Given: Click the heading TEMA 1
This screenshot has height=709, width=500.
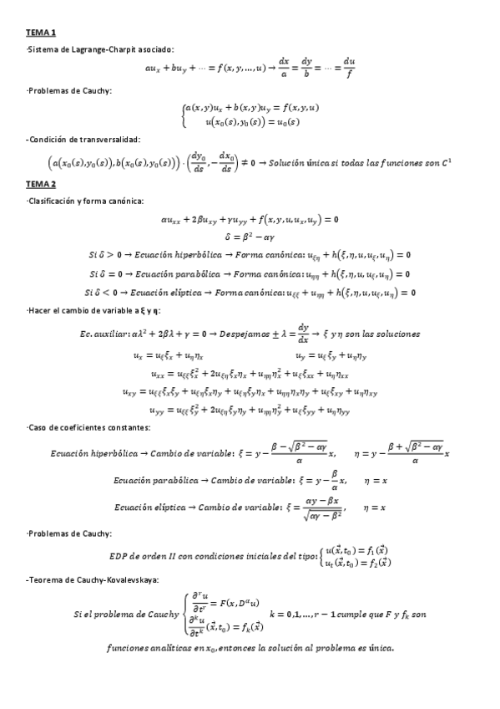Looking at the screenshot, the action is click(40, 33).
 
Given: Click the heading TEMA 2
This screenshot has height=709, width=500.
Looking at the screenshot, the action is click(40, 184).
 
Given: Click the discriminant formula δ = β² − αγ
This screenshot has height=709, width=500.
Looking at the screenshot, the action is click(250, 238).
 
